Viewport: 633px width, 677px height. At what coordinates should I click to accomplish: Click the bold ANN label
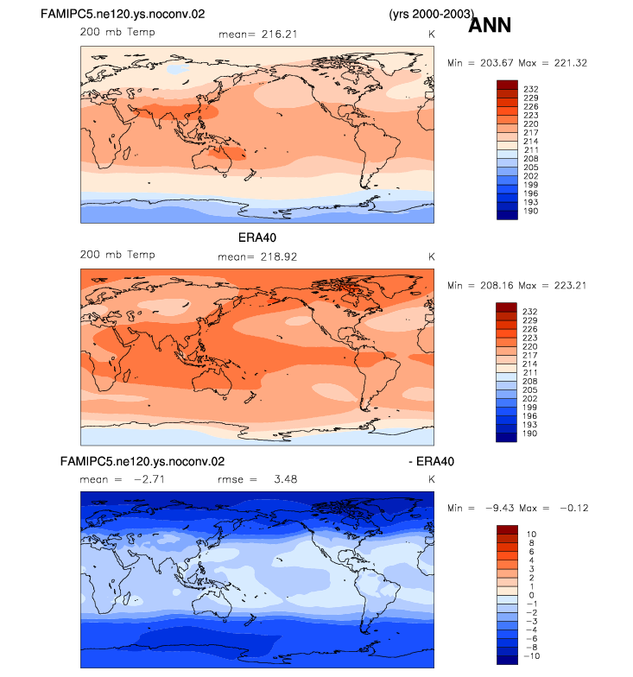490,25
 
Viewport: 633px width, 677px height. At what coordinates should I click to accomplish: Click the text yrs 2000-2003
432,14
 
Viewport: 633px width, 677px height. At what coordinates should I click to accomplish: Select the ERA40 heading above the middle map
257,237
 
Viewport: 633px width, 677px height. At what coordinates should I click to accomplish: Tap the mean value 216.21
280,35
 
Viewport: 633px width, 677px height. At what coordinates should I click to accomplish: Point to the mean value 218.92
279,257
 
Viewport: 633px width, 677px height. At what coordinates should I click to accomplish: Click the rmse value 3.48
286,479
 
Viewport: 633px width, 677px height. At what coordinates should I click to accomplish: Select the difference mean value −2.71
149,479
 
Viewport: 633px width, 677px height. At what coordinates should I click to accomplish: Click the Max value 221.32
571,63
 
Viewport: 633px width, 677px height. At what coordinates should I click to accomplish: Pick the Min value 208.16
497,285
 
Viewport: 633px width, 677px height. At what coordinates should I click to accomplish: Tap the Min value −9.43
501,508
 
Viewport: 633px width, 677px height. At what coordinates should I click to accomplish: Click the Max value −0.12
574,508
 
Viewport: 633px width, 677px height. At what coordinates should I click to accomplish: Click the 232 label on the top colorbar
530,89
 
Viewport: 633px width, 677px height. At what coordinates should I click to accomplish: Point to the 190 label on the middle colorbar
530,433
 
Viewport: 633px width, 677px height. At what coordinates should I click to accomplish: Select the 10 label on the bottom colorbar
531,534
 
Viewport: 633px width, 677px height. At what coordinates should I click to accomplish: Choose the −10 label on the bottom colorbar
533,656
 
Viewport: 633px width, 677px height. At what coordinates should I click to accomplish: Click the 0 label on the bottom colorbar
532,595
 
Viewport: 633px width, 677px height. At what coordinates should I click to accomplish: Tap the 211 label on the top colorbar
530,150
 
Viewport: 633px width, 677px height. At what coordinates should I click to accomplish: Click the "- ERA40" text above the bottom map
432,461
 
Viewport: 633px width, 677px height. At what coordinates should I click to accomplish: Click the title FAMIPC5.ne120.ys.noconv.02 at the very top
123,14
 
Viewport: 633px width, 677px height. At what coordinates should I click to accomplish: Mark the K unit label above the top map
432,35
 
